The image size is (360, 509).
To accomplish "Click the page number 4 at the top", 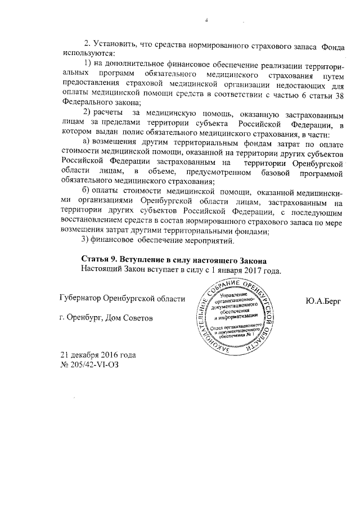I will tap(206, 21).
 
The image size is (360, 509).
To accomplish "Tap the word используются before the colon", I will tap(85, 55).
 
